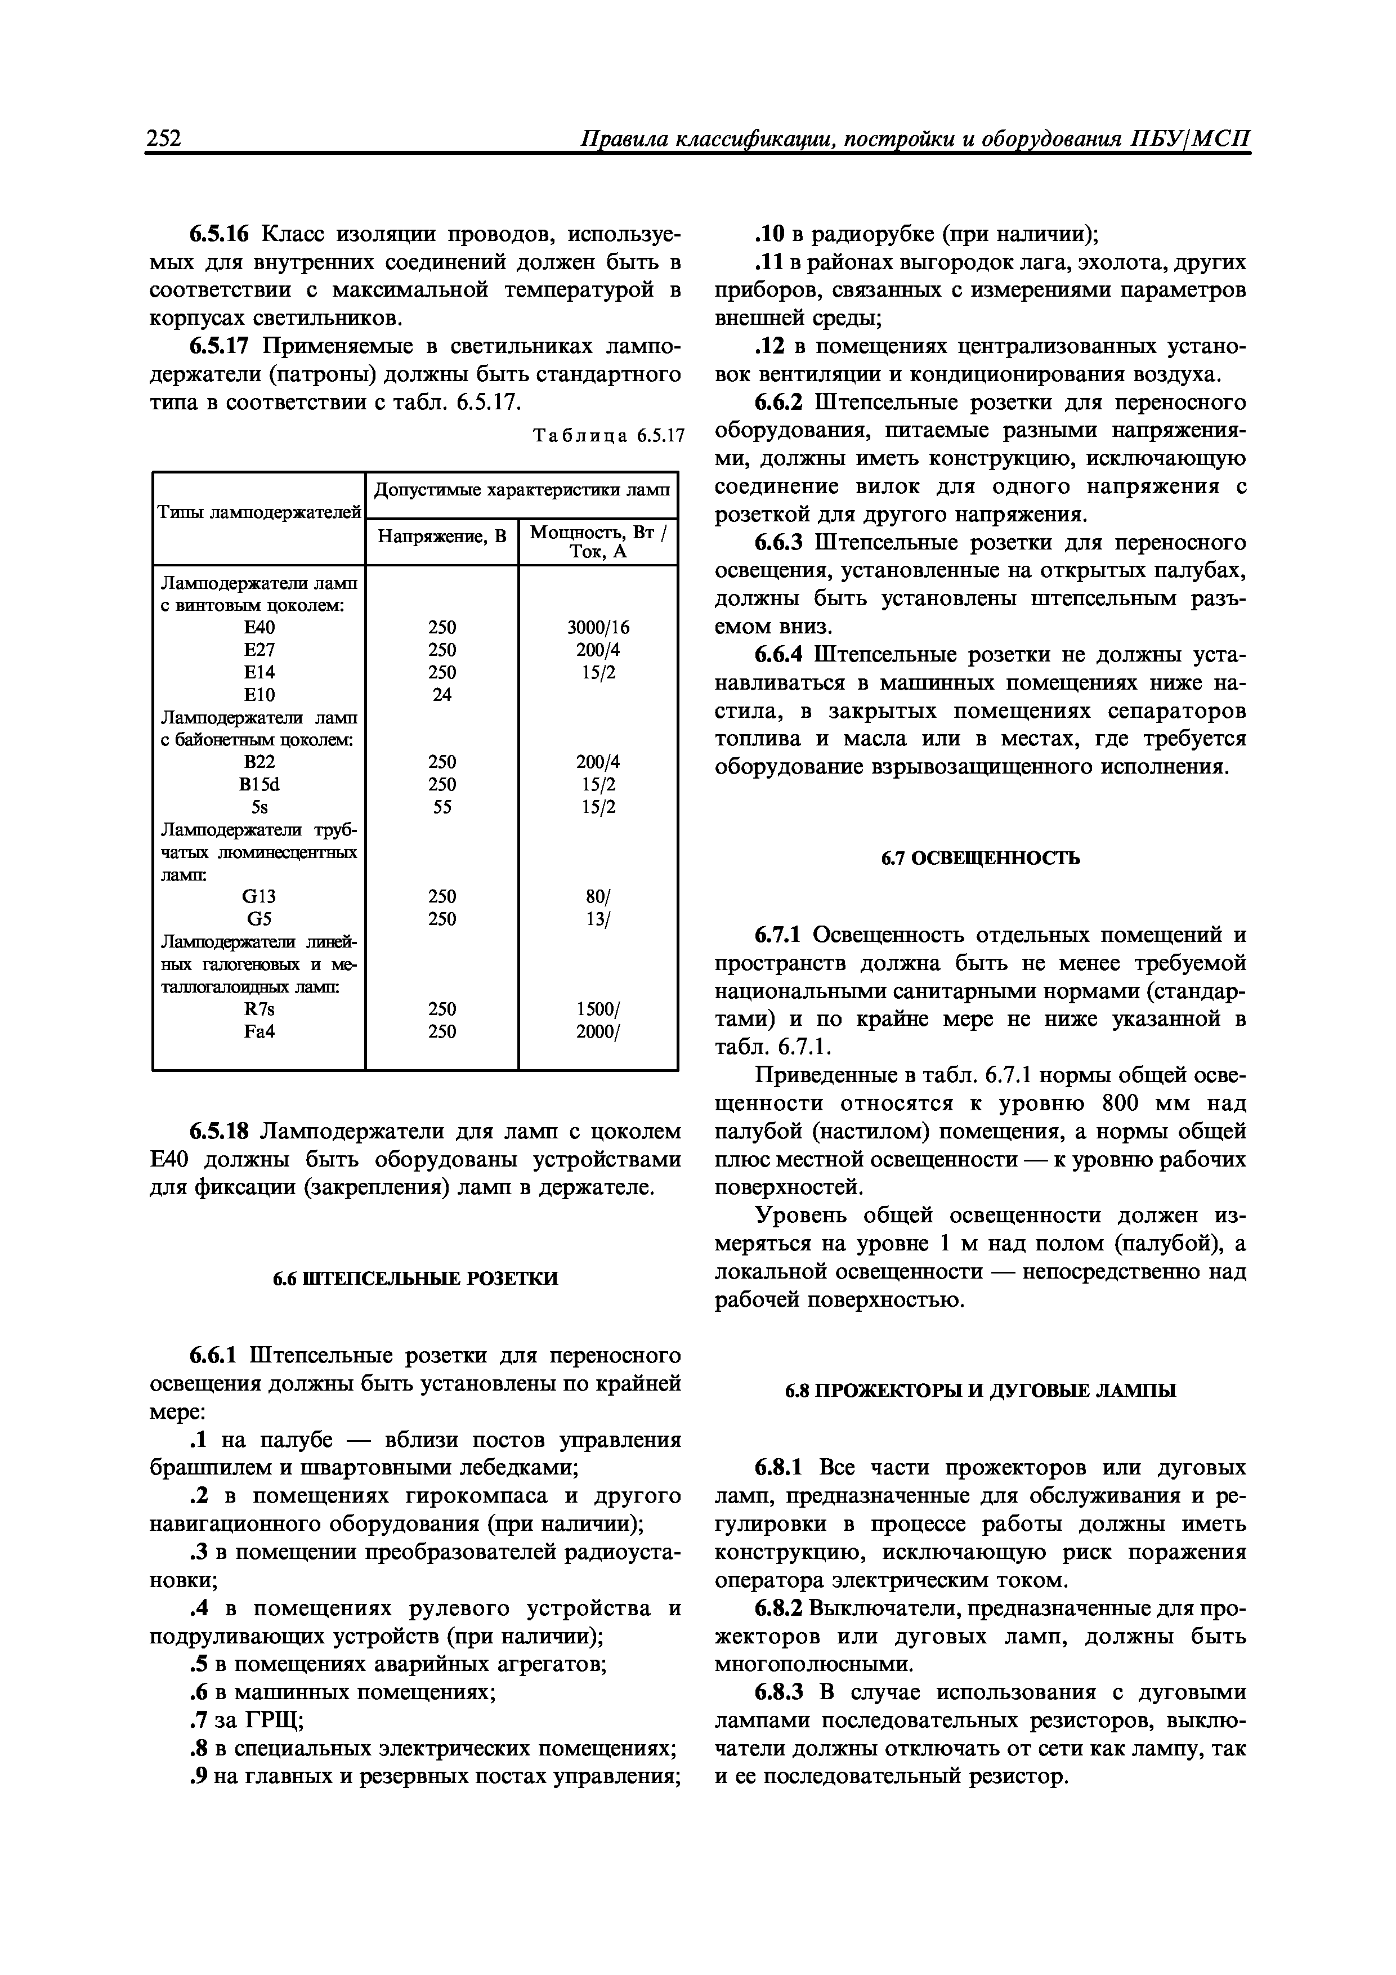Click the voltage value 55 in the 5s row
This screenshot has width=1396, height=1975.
[442, 807]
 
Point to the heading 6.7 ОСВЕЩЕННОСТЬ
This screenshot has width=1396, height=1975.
[981, 857]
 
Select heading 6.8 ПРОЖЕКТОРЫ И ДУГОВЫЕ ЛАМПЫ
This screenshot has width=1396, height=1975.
[981, 1391]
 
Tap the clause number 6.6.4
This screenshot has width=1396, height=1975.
[779, 655]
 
